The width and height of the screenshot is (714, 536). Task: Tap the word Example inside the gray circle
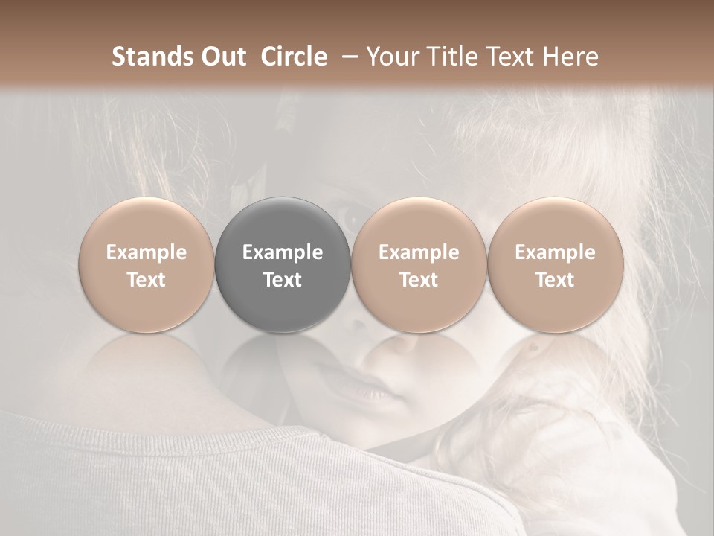283,252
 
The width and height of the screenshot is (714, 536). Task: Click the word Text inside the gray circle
283,280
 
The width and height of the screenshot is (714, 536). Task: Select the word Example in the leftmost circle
147,252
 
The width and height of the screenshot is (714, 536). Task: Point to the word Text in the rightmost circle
555,280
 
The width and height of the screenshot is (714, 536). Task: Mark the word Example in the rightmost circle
555,252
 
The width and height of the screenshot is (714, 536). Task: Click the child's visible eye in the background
350,216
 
